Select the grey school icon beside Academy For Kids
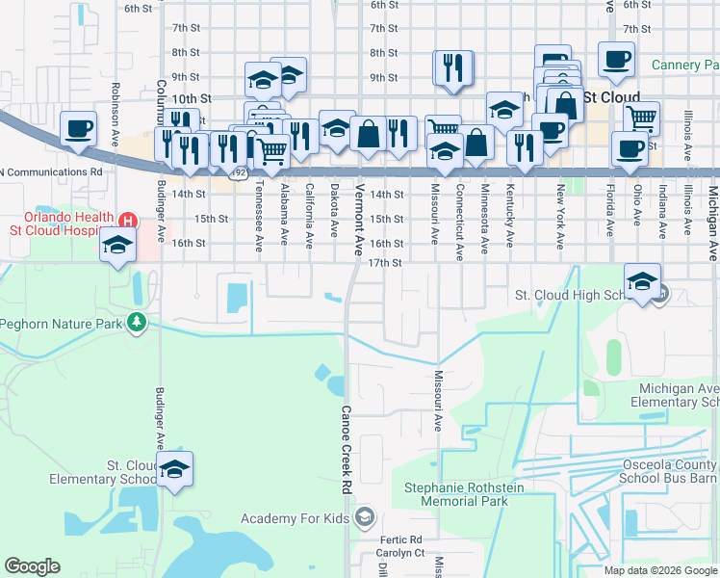(365, 519)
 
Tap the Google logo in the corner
(32, 566)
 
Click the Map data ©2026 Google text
(660, 570)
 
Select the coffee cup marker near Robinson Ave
(78, 128)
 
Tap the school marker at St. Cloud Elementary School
(174, 469)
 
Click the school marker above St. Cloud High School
(642, 281)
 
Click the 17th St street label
(384, 263)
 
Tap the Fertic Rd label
(401, 539)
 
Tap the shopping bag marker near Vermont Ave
(368, 134)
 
